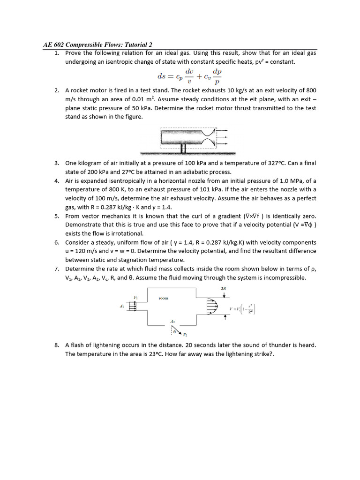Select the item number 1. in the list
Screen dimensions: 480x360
pyautogui.click(x=57, y=53)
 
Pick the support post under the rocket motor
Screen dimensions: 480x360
pyautogui.click(x=183, y=149)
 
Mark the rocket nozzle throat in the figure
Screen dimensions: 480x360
pyautogui.click(x=212, y=136)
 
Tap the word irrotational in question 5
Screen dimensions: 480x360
pyautogui.click(x=123, y=233)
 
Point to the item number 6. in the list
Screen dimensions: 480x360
pyautogui.click(x=57, y=242)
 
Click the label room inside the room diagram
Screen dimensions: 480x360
pyautogui.click(x=163, y=298)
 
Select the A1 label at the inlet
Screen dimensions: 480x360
pyautogui.click(x=122, y=306)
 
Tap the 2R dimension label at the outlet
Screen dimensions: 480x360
pyautogui.click(x=223, y=289)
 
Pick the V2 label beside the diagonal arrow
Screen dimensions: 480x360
pyautogui.click(x=185, y=335)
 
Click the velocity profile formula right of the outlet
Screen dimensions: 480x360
pyautogui.click(x=242, y=309)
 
